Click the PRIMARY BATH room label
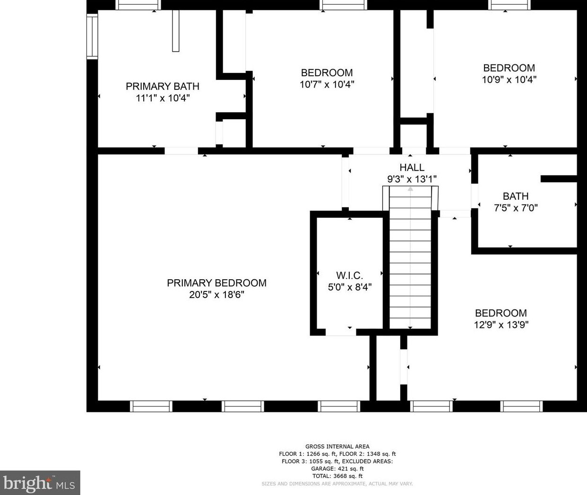click(x=163, y=86)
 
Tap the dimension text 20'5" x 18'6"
click(x=216, y=295)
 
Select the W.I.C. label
click(x=350, y=275)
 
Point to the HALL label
click(x=412, y=168)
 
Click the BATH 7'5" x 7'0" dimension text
click(x=516, y=208)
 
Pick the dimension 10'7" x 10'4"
click(x=327, y=84)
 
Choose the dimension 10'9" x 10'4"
click(x=509, y=80)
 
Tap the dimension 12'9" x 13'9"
click(x=501, y=325)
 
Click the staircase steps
click(x=410, y=257)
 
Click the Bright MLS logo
click(x=40, y=483)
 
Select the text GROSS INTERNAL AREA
click(x=337, y=446)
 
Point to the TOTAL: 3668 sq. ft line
click(x=337, y=476)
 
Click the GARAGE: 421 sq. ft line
click(x=337, y=468)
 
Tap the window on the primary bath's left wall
click(x=92, y=36)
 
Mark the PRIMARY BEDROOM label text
click(x=217, y=283)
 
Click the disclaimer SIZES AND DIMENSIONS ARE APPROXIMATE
click(x=337, y=484)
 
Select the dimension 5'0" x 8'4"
click(x=350, y=287)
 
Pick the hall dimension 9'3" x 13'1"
click(x=412, y=179)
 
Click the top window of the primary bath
click(x=138, y=5)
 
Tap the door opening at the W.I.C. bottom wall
click(x=341, y=332)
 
